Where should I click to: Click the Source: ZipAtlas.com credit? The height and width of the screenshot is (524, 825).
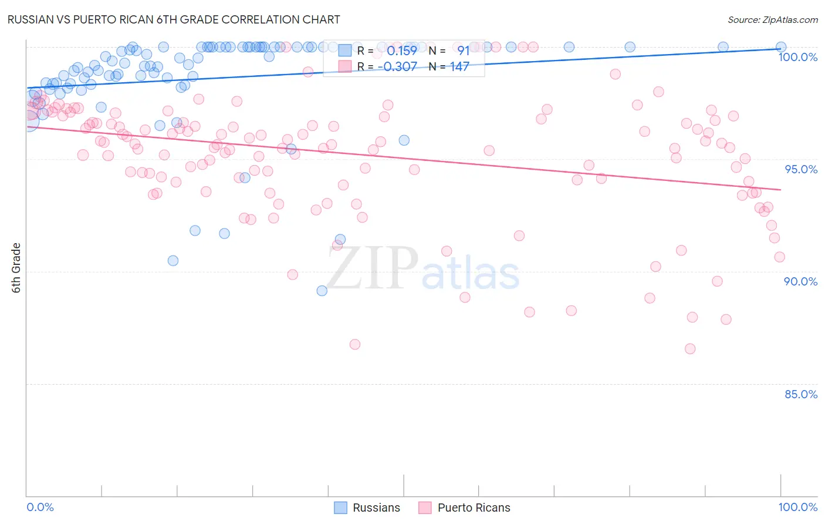(772, 19)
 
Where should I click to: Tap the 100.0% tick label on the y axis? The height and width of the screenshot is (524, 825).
(797, 57)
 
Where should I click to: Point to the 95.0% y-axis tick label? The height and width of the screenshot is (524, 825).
(801, 169)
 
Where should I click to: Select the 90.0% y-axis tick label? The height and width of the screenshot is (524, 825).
(801, 281)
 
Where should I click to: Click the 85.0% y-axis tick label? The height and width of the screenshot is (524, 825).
(801, 394)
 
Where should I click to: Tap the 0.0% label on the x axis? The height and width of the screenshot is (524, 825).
(40, 507)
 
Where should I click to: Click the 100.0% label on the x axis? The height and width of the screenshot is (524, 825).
(797, 507)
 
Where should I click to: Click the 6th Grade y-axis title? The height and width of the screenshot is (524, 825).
(16, 268)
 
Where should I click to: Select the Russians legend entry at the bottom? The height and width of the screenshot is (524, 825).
(367, 508)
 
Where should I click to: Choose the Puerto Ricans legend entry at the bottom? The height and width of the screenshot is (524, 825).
(464, 508)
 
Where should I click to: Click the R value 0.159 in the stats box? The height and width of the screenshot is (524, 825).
(402, 51)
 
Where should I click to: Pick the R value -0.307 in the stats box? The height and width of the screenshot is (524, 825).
(397, 66)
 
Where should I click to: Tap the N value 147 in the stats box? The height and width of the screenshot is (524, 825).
(459, 66)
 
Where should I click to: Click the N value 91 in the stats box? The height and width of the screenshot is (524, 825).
(463, 51)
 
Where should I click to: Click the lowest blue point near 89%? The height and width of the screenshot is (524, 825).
(322, 291)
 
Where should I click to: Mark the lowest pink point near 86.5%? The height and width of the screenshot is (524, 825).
(690, 349)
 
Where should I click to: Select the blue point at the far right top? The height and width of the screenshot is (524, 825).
(781, 47)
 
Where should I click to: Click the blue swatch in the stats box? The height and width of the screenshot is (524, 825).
(344, 51)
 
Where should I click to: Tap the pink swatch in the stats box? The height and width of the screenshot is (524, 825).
(344, 66)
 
